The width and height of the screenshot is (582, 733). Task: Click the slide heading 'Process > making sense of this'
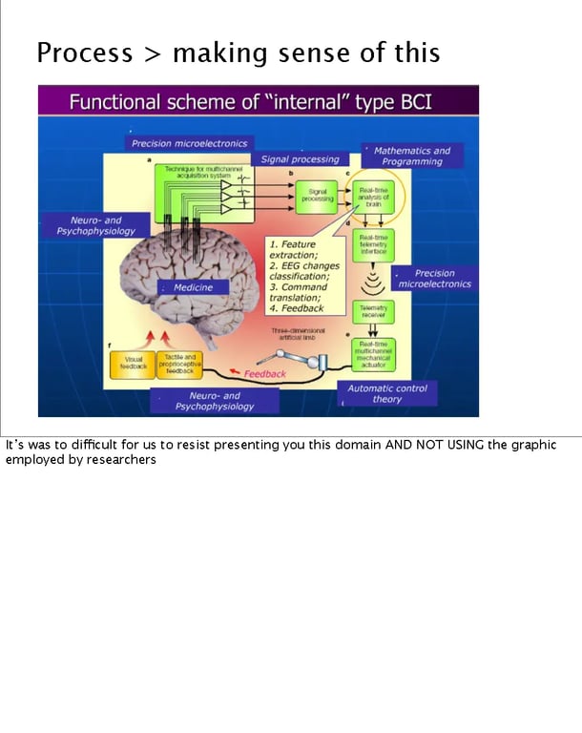[238, 52]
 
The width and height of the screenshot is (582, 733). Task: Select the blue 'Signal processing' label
[300, 159]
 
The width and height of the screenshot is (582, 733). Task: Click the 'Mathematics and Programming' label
[411, 156]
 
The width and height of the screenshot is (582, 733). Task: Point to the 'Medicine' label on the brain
[194, 287]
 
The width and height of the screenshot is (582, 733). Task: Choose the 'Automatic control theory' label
[386, 393]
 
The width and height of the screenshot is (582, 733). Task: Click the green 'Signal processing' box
[317, 195]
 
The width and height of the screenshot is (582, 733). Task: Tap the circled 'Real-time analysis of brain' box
[373, 198]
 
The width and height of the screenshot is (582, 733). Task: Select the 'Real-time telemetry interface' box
[373, 243]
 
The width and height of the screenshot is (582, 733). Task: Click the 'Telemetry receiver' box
[373, 311]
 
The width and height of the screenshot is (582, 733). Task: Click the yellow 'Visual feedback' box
[132, 363]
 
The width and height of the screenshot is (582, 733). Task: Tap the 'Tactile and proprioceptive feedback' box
[177, 364]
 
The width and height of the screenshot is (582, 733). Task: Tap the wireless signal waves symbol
[373, 281]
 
